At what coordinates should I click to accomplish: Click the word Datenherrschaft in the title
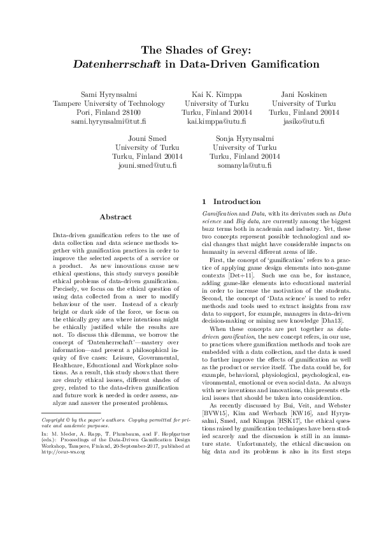point(106,64)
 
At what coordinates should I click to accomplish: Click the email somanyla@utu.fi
point(245,165)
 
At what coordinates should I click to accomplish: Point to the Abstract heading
point(116,217)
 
